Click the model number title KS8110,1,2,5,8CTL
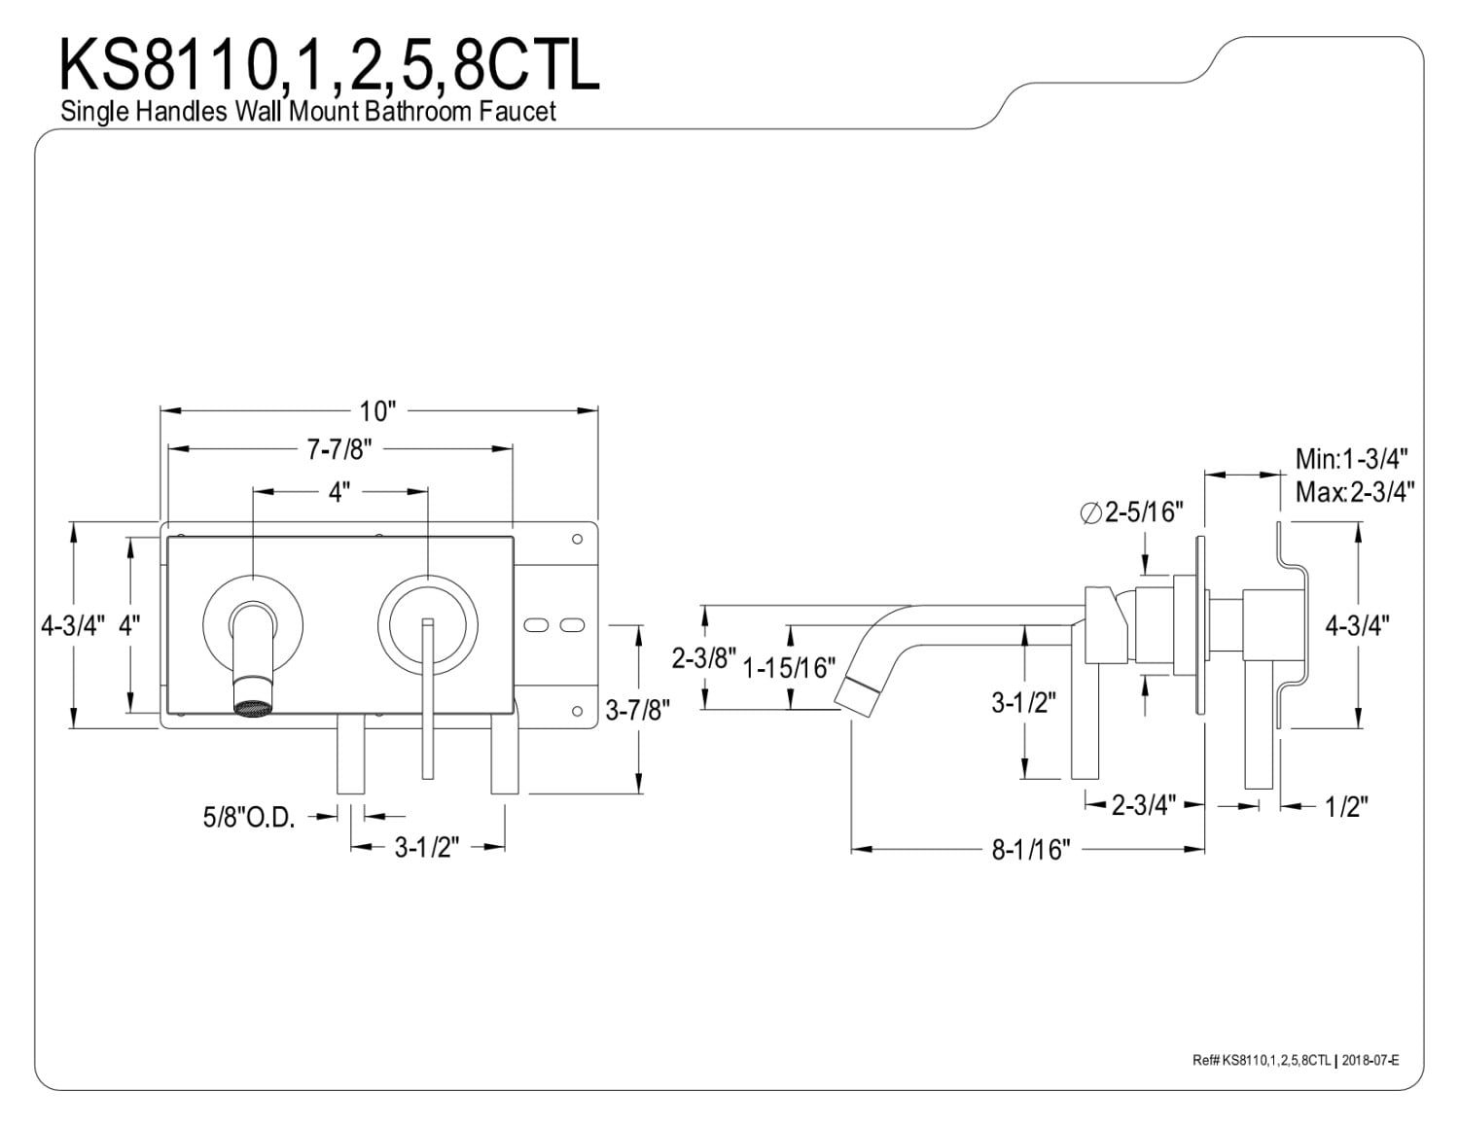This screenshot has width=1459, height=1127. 329,64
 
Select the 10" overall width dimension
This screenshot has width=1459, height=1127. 378,410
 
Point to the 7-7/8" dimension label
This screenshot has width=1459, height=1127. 339,449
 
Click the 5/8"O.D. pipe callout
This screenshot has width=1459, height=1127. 249,817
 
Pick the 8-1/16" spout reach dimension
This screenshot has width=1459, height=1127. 1031,850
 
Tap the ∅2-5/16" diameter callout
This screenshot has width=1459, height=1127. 1131,512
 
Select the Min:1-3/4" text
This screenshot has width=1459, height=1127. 1352,459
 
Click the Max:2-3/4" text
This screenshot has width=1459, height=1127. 1355,492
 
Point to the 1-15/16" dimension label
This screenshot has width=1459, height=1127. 789,668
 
